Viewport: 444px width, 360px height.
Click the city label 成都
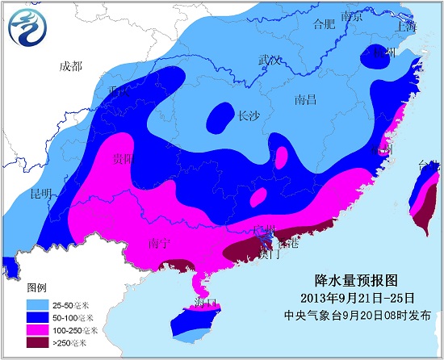[70, 66]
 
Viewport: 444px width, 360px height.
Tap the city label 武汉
[270, 61]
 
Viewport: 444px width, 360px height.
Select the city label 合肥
[323, 23]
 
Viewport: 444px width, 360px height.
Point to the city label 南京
[352, 16]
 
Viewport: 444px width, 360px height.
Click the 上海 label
[405, 26]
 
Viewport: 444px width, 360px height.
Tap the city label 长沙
[249, 115]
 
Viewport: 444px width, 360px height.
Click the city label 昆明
[40, 195]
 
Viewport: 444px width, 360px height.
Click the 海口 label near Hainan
[206, 303]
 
